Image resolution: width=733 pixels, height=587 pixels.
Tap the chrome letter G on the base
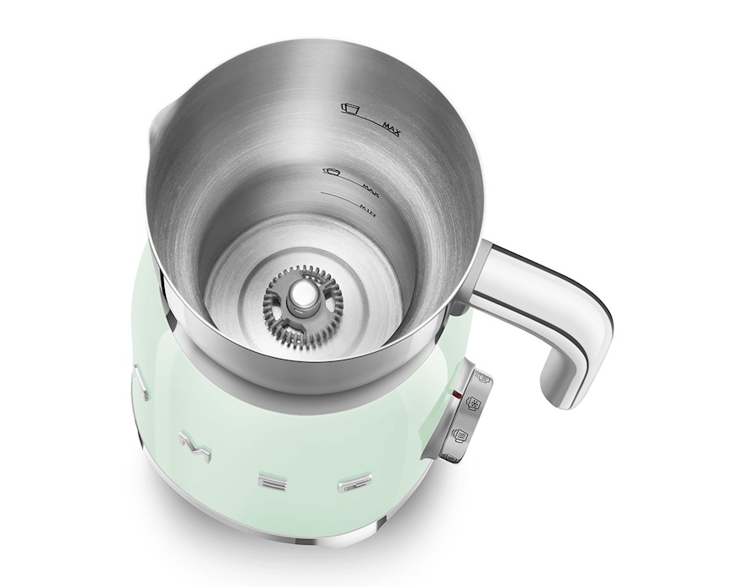pos(350,486)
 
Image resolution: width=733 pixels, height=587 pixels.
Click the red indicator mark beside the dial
pos(455,393)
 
